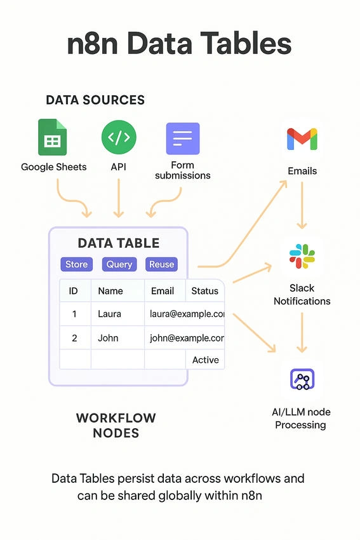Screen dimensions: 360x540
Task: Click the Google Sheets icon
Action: point(52,137)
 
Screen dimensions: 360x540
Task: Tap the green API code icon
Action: point(119,137)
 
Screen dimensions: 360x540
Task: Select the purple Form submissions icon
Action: point(183,138)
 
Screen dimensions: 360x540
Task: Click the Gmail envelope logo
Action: point(302,139)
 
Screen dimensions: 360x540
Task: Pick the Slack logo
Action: point(302,256)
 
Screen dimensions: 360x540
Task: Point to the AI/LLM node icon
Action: point(302,379)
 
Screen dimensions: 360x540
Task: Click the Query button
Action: point(119,264)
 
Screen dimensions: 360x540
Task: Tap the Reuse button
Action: point(161,264)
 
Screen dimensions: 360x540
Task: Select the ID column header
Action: point(73,291)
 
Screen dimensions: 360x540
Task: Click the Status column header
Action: point(205,291)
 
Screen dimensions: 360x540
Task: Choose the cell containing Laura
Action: point(117,314)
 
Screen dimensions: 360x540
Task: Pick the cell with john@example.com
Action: point(185,338)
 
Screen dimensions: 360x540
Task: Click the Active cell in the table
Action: point(205,360)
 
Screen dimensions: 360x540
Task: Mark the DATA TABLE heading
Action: point(119,243)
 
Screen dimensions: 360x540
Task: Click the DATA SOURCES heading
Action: point(95,100)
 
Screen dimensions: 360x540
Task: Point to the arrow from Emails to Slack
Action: point(302,205)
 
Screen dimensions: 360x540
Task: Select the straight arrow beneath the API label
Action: point(119,198)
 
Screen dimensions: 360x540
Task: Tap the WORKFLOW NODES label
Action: point(116,425)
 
